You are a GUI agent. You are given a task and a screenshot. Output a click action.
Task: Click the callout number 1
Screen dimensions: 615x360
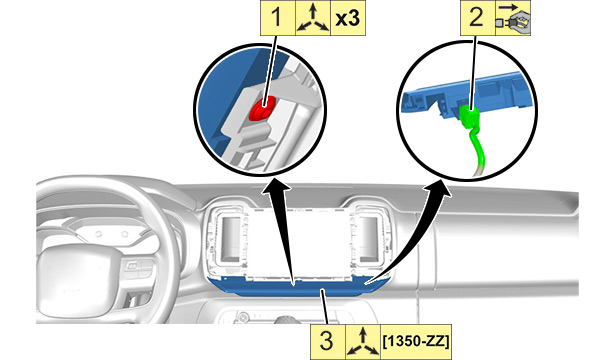tap(277, 18)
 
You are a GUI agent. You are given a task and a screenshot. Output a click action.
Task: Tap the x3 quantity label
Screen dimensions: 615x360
tap(348, 18)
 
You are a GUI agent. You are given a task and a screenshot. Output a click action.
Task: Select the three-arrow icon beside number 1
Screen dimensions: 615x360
tap(313, 18)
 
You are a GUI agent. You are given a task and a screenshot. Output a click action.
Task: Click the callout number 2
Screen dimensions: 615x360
tap(477, 18)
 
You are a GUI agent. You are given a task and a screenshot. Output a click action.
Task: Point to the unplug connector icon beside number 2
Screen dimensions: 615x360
tap(513, 18)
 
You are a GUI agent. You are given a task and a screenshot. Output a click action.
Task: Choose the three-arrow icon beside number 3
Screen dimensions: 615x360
tap(363, 342)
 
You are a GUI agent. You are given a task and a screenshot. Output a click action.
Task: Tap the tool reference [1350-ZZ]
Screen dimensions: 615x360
tap(416, 342)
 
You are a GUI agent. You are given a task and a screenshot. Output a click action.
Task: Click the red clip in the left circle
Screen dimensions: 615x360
tap(262, 109)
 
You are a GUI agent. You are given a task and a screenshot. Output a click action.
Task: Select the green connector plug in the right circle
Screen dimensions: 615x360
tap(469, 117)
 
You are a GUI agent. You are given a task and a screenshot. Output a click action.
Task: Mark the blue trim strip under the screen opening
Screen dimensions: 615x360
tap(298, 286)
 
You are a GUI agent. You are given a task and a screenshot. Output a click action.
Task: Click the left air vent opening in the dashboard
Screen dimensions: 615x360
tap(231, 238)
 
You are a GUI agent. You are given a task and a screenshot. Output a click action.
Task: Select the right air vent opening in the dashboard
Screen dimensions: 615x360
tap(369, 238)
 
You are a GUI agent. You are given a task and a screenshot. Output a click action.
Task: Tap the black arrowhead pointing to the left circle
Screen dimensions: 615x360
tap(277, 186)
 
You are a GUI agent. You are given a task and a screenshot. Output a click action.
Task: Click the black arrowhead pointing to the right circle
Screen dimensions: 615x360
tap(439, 189)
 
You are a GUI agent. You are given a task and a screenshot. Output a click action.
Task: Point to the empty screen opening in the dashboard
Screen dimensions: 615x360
tap(299, 243)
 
